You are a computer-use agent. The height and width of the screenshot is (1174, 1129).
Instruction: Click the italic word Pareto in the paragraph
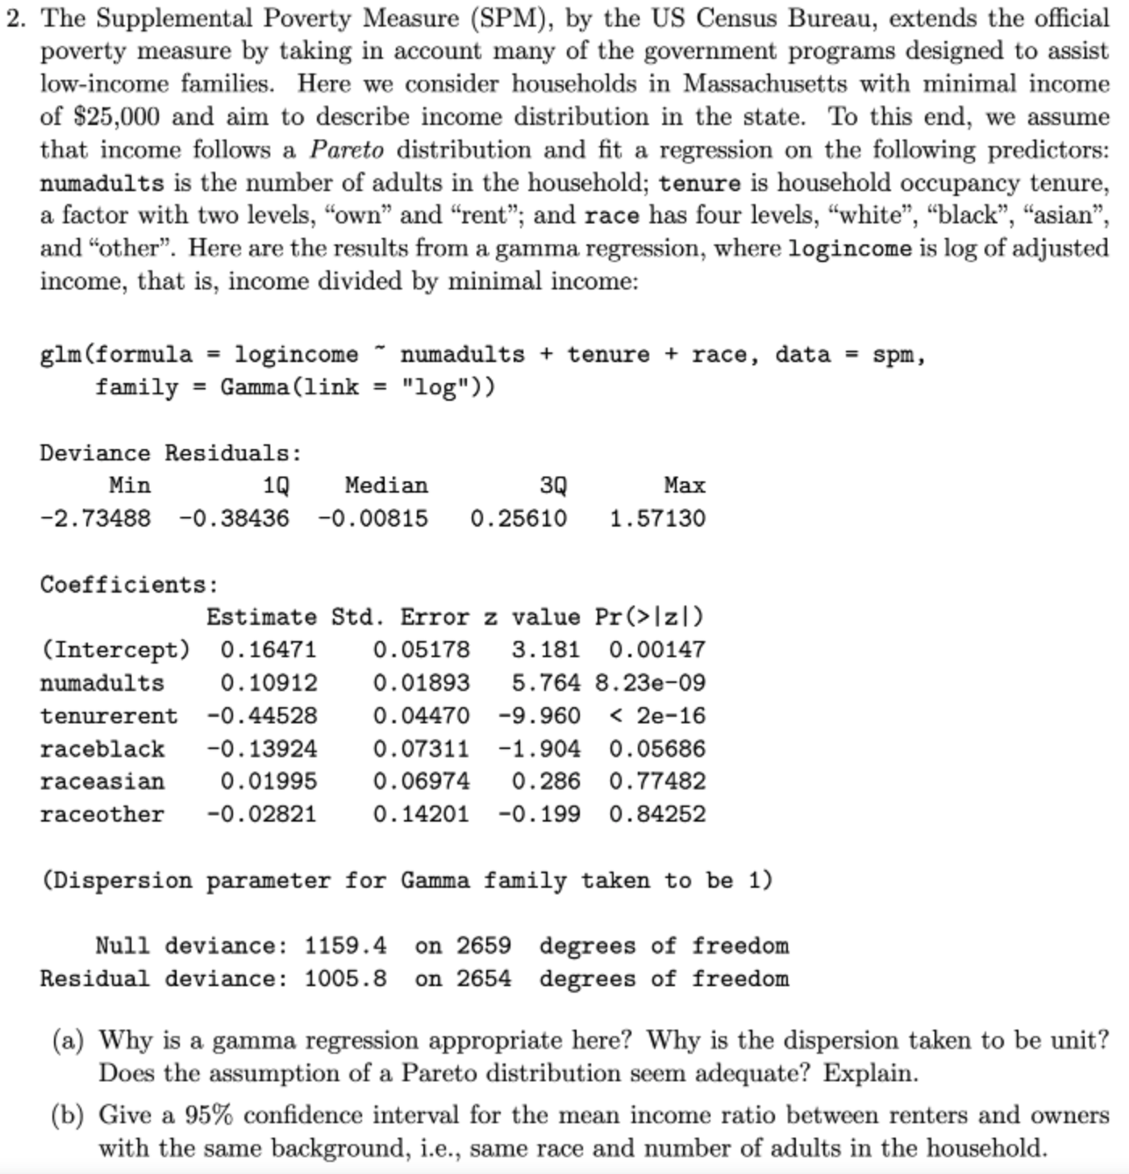(347, 150)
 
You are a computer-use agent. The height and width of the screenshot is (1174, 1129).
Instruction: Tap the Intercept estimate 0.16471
(269, 650)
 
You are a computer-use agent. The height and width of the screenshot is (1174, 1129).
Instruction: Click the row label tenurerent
(109, 716)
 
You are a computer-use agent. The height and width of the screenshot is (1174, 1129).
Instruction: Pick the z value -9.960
(539, 716)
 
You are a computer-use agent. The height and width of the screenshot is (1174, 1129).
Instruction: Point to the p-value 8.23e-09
(650, 683)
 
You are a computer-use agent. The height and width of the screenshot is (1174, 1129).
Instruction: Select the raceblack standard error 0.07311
(420, 749)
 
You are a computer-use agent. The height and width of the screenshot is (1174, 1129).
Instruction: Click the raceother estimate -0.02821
(261, 814)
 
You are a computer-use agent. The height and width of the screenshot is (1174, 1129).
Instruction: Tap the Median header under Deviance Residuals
(386, 485)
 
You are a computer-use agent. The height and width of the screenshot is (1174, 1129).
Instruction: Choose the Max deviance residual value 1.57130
(657, 518)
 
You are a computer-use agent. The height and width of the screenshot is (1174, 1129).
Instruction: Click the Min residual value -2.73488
(95, 518)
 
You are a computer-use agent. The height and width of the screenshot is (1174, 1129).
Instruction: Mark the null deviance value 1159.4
(345, 946)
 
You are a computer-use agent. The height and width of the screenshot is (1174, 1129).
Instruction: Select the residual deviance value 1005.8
(345, 979)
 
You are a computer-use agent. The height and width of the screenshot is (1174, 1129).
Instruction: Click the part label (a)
(68, 1041)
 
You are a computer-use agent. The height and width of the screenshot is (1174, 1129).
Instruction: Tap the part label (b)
(68, 1115)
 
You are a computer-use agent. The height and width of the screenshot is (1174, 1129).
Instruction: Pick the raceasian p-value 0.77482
(657, 781)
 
